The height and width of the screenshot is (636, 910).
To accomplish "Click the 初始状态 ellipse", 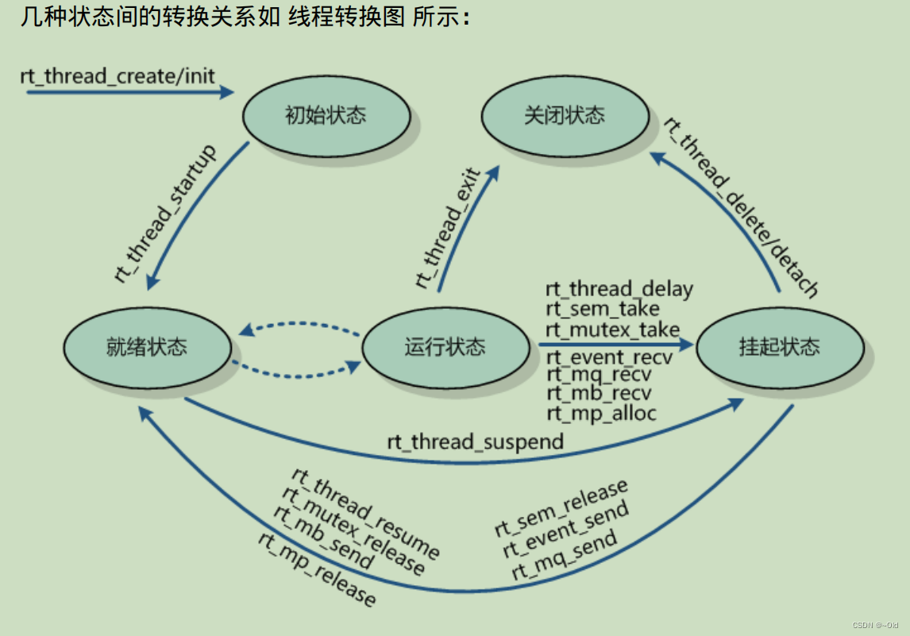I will (x=326, y=116).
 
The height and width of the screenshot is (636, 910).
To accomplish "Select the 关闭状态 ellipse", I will (x=565, y=116).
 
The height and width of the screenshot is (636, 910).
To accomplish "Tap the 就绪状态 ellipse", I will (x=147, y=347).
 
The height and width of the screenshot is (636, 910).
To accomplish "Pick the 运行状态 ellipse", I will (x=445, y=347).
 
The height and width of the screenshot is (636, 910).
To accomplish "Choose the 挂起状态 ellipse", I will (x=779, y=347).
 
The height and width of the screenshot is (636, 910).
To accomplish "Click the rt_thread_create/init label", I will (x=118, y=76).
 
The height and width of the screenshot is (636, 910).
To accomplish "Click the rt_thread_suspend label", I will (x=475, y=441).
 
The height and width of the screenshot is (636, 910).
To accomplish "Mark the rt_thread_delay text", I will (x=619, y=289).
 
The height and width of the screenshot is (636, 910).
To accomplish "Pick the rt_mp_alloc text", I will (x=601, y=412).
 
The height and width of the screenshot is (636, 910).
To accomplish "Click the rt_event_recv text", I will (x=609, y=357).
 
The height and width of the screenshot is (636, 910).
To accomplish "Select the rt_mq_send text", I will (x=565, y=556).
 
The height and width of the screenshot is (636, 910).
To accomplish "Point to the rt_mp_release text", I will (x=317, y=569).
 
